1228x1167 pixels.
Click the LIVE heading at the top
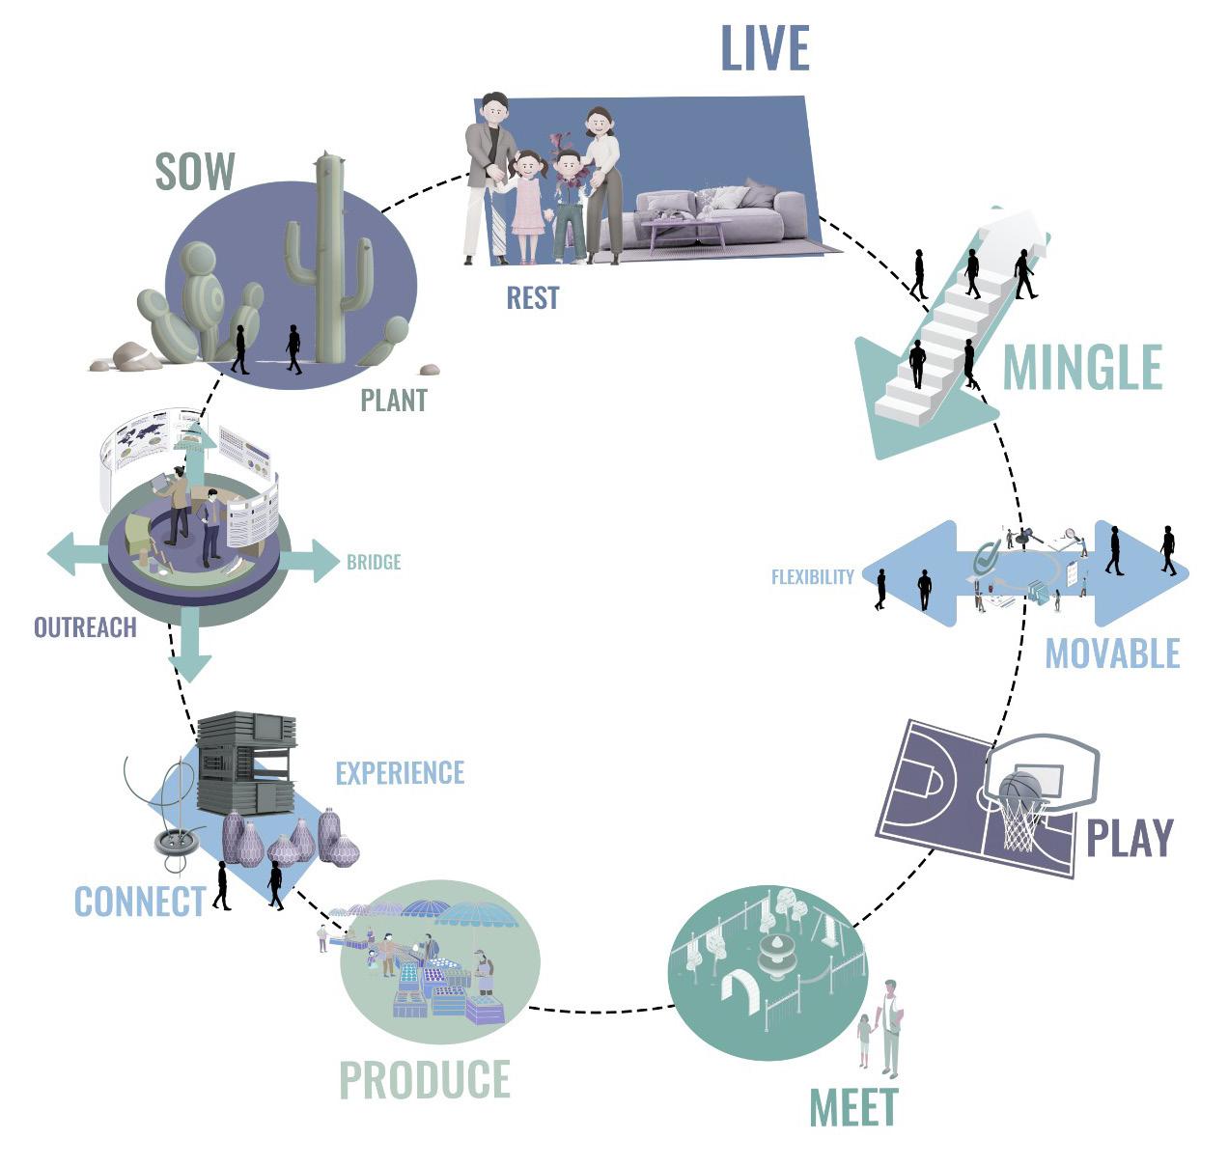tap(765, 49)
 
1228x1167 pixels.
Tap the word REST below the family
tap(532, 298)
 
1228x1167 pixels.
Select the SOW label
tap(195, 172)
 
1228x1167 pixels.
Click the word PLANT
tap(393, 401)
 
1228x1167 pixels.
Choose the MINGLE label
tap(1081, 368)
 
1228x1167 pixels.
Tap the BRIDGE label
tap(373, 562)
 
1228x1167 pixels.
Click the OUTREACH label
tap(85, 627)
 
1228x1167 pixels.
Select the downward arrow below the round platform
tap(190, 653)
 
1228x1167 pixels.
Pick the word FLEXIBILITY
tap(812, 577)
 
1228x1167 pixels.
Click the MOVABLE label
tap(1112, 653)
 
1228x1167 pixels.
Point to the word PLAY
tap(1129, 838)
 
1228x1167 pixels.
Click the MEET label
tap(853, 1108)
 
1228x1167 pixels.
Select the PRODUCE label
tap(425, 1080)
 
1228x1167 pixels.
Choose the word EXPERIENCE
tap(400, 773)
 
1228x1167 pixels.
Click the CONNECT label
tap(140, 902)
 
